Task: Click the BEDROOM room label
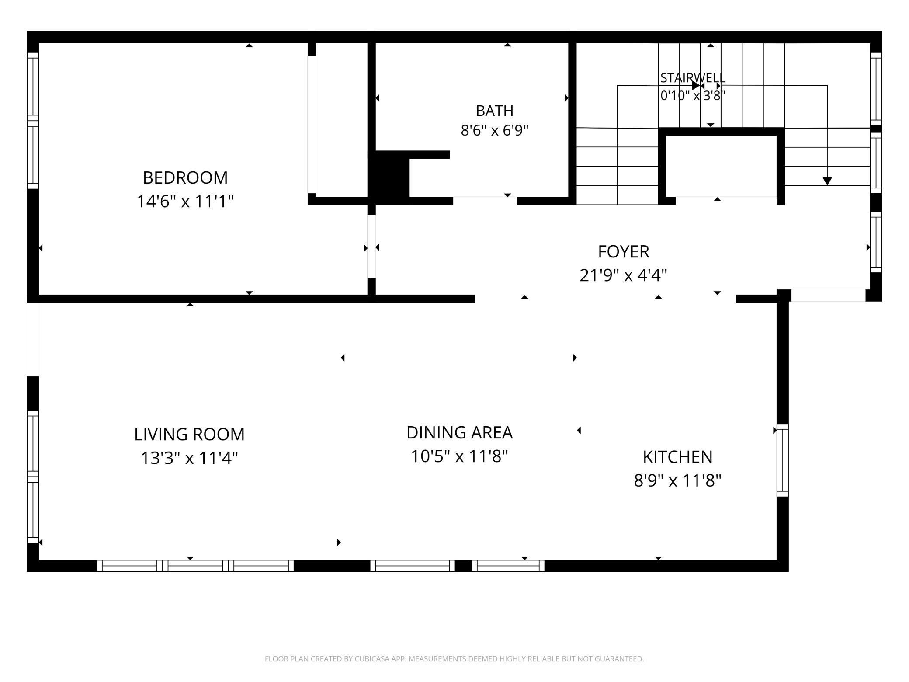click(185, 177)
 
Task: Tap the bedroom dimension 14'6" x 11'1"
click(185, 202)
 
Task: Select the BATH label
click(495, 111)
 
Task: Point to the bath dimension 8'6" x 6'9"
click(495, 130)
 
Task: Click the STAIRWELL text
click(693, 78)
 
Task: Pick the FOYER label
click(624, 252)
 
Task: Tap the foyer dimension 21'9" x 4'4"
click(624, 275)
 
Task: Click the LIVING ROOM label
click(189, 434)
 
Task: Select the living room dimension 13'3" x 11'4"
click(189, 458)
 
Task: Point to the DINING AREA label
click(459, 432)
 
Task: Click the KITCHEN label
click(677, 457)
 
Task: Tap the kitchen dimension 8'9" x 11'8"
click(677, 481)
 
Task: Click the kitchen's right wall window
click(783, 460)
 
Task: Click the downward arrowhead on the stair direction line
click(827, 181)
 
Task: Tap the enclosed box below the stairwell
click(721, 166)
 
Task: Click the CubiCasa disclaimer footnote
click(454, 658)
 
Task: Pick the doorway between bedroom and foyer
click(371, 247)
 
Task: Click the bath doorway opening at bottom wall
click(485, 201)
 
